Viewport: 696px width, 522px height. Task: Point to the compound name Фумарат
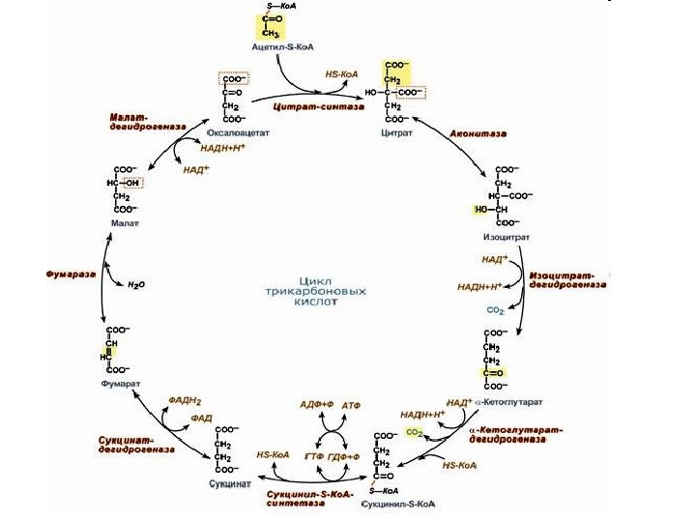tap(121, 383)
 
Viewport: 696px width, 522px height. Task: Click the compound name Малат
tap(124, 222)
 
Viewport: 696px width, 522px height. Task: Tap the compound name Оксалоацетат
tap(238, 133)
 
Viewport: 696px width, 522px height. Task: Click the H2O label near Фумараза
tap(136, 286)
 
